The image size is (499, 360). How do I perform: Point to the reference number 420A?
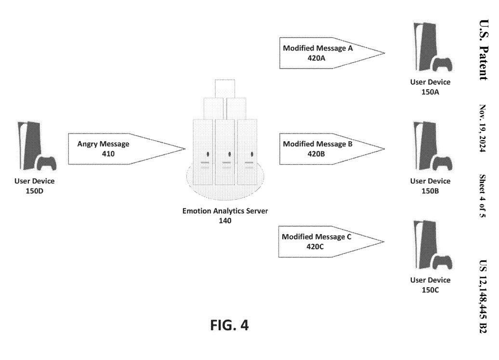[x=318, y=57]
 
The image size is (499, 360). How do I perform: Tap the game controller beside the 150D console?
[x=47, y=163]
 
